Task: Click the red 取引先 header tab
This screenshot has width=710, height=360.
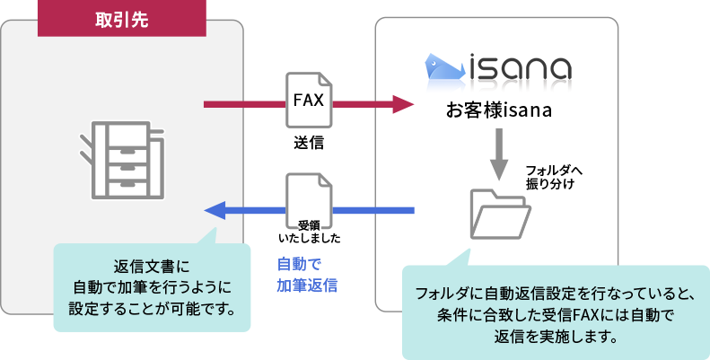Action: [121, 19]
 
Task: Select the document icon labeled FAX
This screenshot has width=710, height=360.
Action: [308, 100]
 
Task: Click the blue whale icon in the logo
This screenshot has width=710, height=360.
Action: [444, 66]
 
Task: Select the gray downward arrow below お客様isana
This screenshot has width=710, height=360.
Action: [498, 153]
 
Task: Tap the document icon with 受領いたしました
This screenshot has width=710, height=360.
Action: [309, 205]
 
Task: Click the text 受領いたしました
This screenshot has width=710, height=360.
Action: [309, 232]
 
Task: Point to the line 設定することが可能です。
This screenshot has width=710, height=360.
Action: [152, 309]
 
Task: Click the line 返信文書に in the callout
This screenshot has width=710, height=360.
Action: [152, 267]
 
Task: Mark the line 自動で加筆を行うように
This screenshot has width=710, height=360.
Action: [152, 287]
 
